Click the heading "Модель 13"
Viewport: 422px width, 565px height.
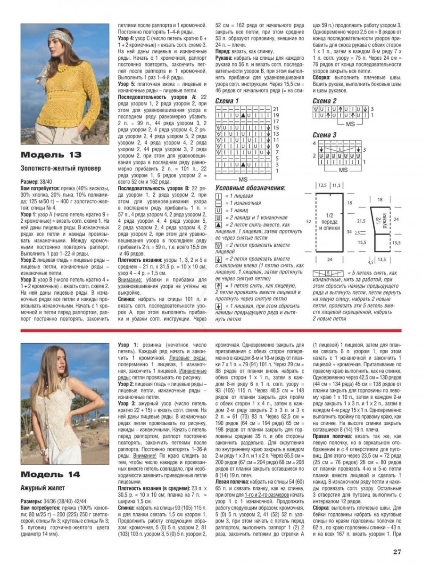point(51,155)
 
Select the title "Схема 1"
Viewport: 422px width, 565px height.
point(227,101)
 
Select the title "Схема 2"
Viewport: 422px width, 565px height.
point(325,101)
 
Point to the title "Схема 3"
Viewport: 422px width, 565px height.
point(325,135)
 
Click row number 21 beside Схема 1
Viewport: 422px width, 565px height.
point(276,109)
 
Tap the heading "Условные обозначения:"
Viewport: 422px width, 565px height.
point(250,188)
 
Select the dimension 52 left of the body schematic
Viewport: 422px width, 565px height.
point(308,221)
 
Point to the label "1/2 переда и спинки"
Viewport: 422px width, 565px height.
point(330,222)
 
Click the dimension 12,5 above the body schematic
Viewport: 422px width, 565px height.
point(323,186)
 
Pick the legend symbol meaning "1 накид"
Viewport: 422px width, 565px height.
point(218,210)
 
